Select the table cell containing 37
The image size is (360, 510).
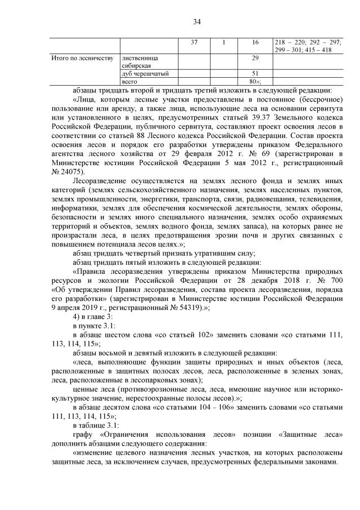194,42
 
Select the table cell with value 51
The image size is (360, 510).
255,74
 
